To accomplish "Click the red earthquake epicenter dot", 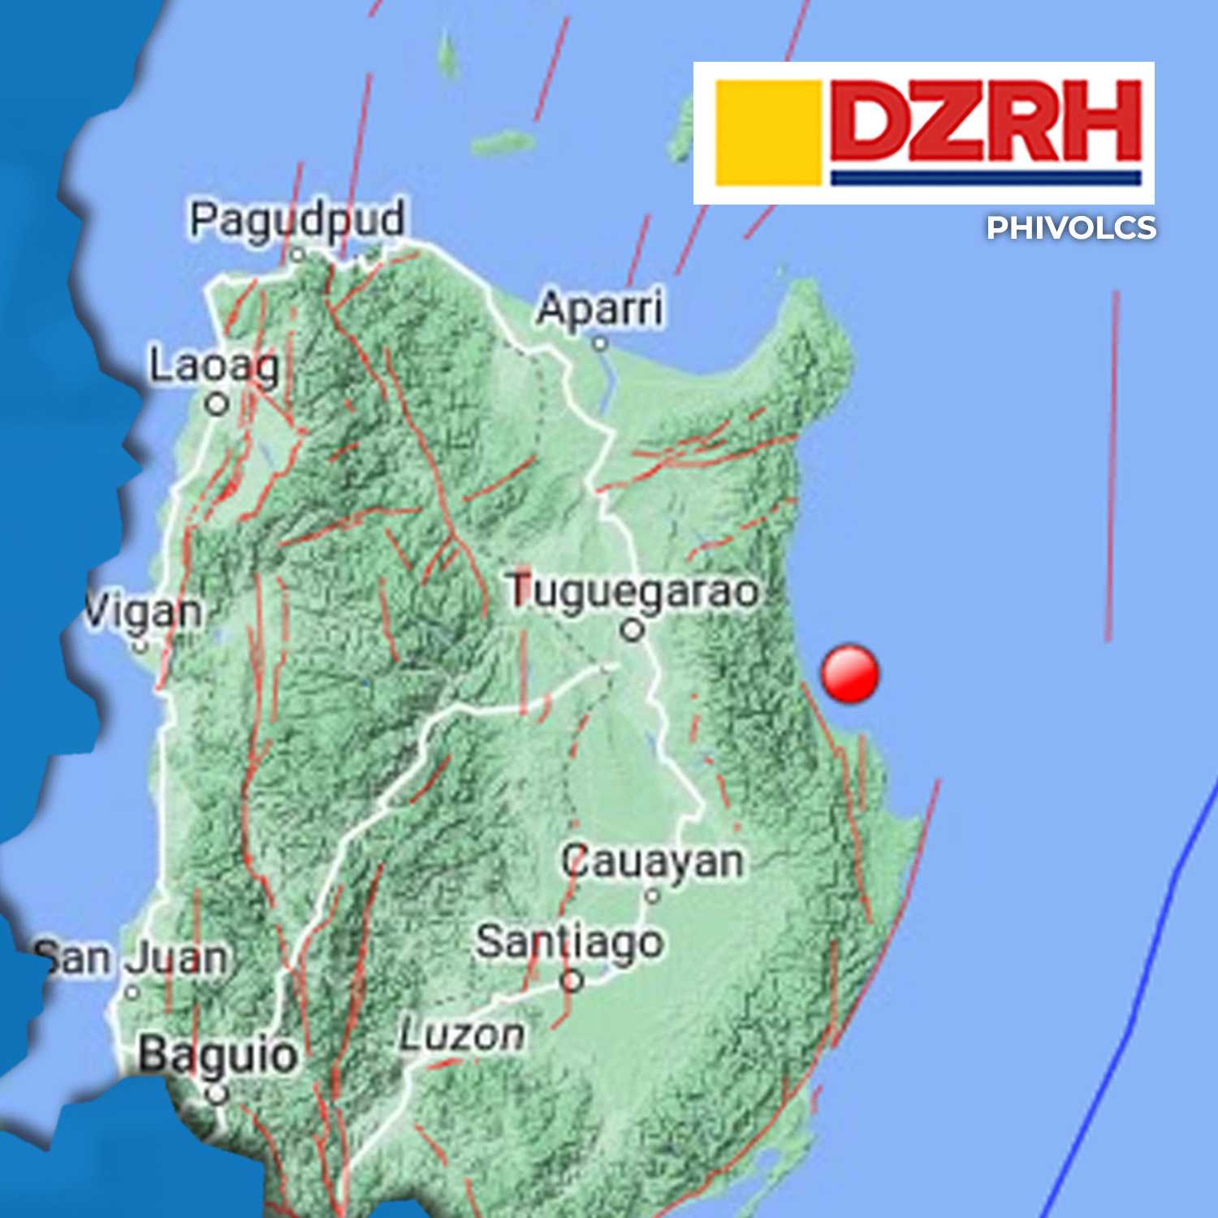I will [x=849, y=674].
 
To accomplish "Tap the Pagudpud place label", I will [x=296, y=220].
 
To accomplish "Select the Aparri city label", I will [x=600, y=309].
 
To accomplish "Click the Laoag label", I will [x=214, y=366].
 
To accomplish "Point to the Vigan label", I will [x=145, y=611].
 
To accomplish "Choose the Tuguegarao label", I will [x=633, y=591].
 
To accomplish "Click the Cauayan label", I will [x=652, y=861].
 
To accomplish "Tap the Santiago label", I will [x=569, y=942].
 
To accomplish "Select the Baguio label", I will [x=217, y=1055].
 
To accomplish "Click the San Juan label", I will [x=132, y=958].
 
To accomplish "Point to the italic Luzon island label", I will [x=461, y=1035].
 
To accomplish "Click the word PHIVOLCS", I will [x=1071, y=228].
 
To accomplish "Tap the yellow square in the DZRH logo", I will [x=768, y=132].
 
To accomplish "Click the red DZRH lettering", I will [x=986, y=122].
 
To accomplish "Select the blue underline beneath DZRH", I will [x=986, y=178].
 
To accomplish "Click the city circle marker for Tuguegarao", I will [x=633, y=629].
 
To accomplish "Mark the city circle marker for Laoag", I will [x=217, y=404].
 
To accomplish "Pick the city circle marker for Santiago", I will [x=572, y=981].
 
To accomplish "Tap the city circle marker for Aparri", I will [x=600, y=343].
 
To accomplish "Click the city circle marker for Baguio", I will [x=216, y=1095].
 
